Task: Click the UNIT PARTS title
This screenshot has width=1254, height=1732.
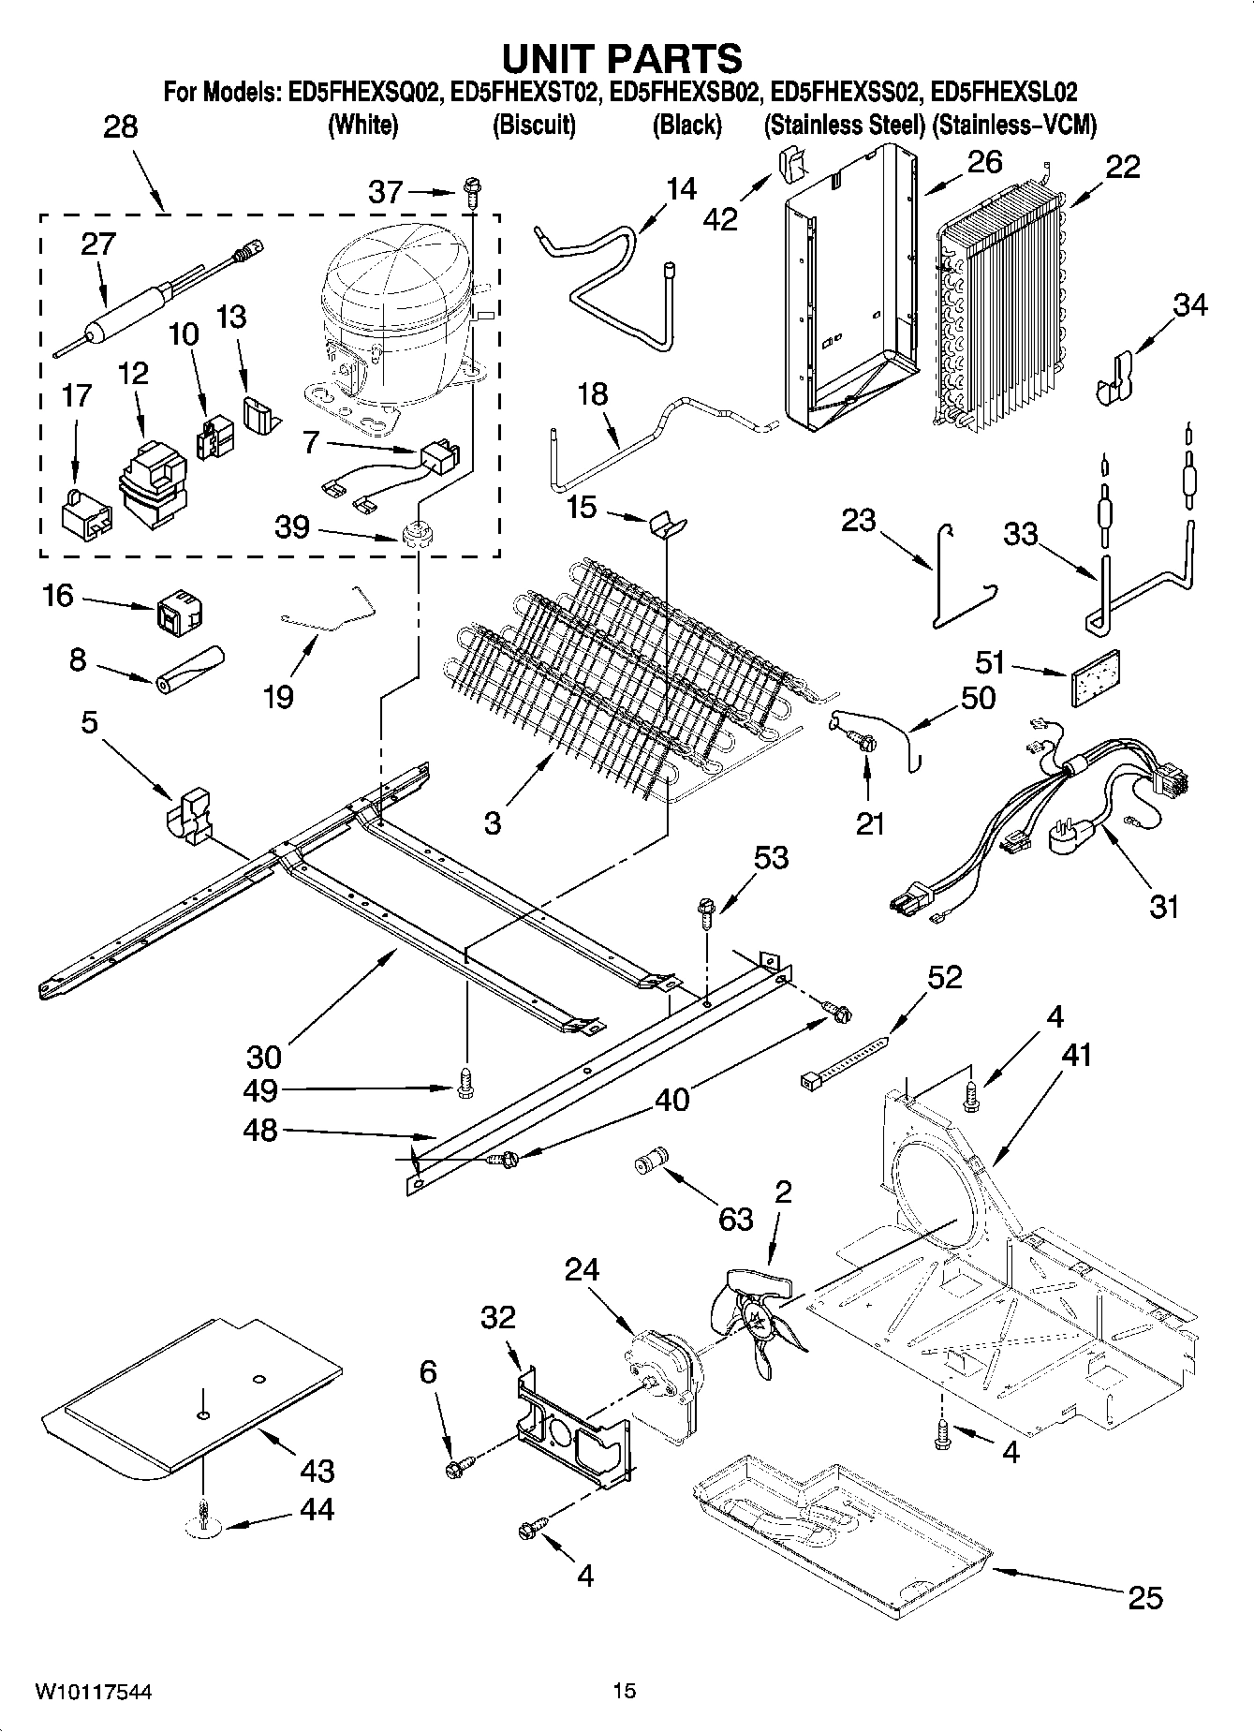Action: (x=622, y=58)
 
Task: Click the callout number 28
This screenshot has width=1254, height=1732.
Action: (x=120, y=126)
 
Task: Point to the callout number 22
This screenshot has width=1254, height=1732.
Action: (x=1123, y=167)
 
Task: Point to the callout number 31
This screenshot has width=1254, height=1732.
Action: (x=1164, y=906)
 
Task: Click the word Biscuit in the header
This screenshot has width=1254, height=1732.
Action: (x=534, y=125)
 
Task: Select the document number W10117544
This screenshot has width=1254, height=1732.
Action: (x=93, y=1691)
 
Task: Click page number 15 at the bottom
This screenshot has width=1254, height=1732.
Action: (x=625, y=1691)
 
